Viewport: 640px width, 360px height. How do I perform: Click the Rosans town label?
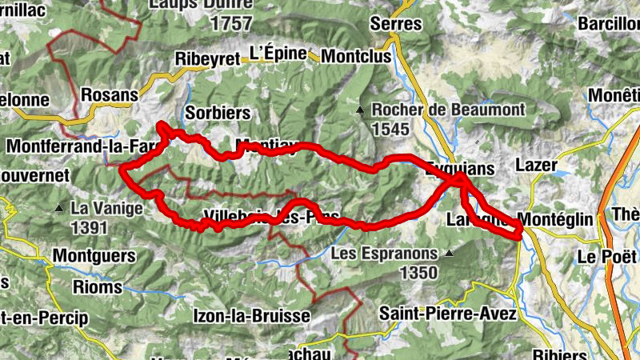coord(110,94)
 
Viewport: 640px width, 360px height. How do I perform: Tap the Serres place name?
coord(395,23)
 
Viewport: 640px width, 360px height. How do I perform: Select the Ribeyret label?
coord(207,59)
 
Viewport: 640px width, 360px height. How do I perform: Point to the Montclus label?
coord(357,56)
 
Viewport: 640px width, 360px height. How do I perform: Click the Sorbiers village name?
coord(217,113)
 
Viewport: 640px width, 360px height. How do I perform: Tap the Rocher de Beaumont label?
coord(448,109)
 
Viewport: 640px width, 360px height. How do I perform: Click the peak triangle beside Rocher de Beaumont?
coord(361,110)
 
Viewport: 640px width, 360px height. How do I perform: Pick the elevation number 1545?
coord(390,129)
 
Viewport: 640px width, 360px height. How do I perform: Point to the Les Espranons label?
coord(384,254)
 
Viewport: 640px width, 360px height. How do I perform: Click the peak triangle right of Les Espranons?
coord(449,254)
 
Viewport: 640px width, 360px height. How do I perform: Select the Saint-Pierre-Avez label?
coord(447,313)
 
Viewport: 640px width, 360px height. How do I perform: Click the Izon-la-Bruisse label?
coord(251,316)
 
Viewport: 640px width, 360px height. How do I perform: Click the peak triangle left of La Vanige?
coord(58,209)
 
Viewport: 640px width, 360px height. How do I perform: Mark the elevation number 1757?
coord(232,23)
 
